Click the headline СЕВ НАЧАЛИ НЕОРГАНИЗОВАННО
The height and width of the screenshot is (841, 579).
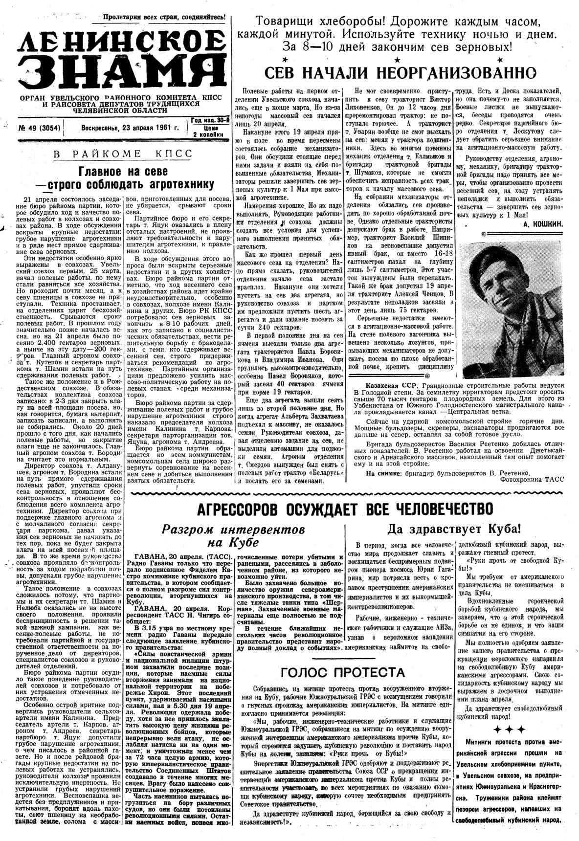(x=400, y=73)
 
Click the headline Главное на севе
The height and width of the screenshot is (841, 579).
(x=124, y=172)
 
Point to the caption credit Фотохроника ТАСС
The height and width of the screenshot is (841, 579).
(x=531, y=479)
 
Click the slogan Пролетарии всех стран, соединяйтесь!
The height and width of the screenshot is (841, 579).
(x=164, y=18)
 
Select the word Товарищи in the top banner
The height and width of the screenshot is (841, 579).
(x=286, y=22)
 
